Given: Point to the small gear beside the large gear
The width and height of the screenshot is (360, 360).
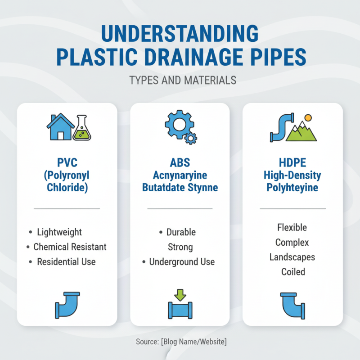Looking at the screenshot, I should (191, 138).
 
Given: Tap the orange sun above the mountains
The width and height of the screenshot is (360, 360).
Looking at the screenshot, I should (308, 118).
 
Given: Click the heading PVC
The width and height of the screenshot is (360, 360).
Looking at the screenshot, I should (67, 162).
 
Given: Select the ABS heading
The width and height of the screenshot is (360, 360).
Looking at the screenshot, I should (180, 162).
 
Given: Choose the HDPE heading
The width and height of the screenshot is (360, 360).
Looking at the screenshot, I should (293, 162).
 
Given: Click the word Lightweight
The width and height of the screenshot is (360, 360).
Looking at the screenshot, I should (59, 232).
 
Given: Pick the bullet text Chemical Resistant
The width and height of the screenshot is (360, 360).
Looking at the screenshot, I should (70, 247).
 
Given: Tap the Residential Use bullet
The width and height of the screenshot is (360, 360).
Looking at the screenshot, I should (66, 262).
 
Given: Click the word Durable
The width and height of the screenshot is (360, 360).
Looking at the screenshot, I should (181, 232).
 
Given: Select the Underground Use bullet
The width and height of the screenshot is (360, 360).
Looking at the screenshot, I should (182, 262).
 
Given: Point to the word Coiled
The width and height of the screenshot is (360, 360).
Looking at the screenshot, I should (293, 272).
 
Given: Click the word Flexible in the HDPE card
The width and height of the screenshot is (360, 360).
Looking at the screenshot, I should (292, 227).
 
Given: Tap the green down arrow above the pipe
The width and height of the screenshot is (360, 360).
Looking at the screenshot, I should (180, 295).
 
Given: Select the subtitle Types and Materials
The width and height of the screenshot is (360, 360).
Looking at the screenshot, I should (182, 81).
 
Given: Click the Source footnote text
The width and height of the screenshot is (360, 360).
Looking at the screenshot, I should (181, 342).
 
